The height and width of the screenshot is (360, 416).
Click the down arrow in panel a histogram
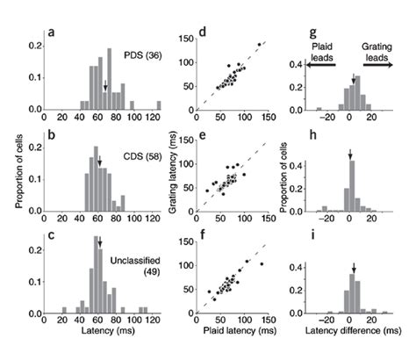[105, 86]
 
